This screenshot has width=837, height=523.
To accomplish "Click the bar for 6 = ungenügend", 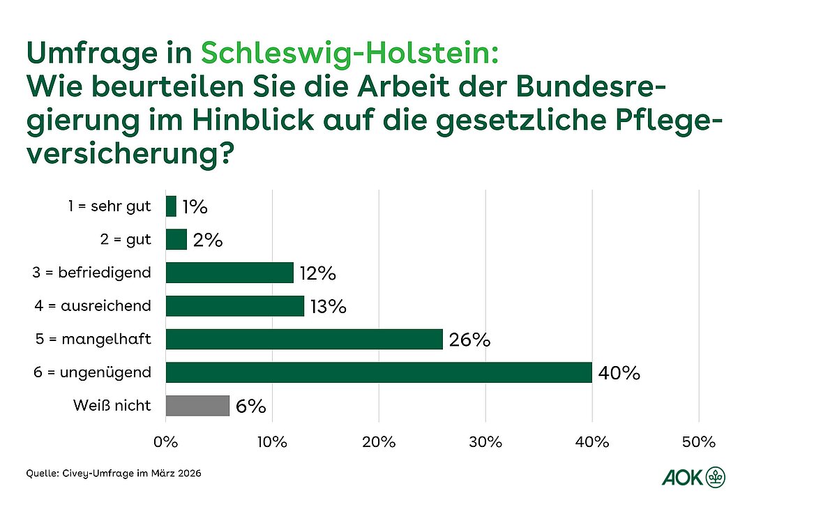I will [x=379, y=372].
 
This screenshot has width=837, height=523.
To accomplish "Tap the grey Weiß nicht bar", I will [x=197, y=405].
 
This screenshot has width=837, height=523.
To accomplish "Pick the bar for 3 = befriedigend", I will [x=229, y=273].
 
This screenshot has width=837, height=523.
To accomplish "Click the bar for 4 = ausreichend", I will [x=235, y=306].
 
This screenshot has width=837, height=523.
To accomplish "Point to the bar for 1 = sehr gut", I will [x=171, y=206].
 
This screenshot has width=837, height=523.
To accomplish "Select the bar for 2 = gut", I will [x=176, y=240].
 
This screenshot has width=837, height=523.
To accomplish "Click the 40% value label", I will [x=619, y=374].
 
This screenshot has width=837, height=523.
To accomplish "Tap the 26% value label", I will [x=470, y=340].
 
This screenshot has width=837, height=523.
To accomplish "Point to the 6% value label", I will [x=252, y=407].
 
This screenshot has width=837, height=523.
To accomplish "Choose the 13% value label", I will [x=326, y=307].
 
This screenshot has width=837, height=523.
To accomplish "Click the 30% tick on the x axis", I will [x=485, y=441].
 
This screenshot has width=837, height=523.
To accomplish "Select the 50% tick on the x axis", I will [x=699, y=441].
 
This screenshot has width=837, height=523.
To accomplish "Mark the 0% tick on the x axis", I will [x=166, y=441].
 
